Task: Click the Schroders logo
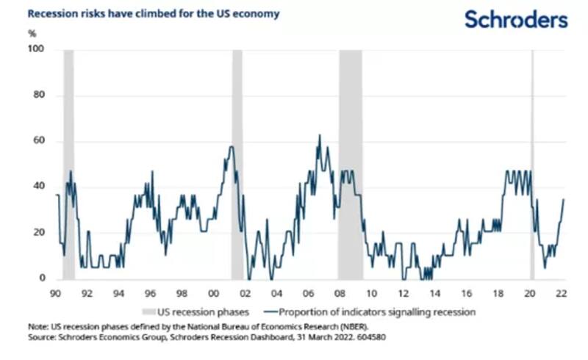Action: coord(516,19)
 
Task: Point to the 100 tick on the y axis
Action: coord(36,49)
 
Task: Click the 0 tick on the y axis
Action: coord(41,279)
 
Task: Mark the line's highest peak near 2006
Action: coord(319,135)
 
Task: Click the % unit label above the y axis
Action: coord(32,33)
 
